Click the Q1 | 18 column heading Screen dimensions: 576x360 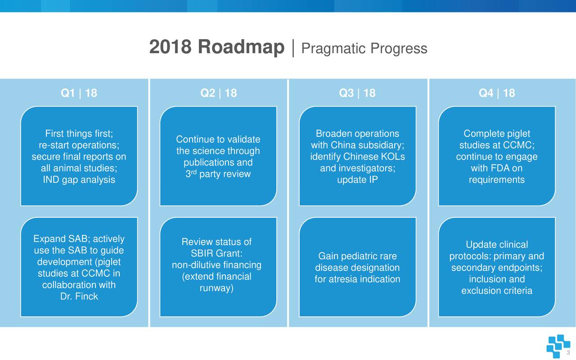pos(79,93)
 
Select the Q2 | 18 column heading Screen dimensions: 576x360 pos(218,93)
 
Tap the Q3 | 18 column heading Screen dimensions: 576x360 pos(357,93)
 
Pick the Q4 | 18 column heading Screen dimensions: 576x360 pos(497,93)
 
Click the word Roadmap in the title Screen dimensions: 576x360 pos(241,47)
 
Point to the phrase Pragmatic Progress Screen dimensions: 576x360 pos(364,49)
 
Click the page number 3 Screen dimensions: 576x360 pos(568,353)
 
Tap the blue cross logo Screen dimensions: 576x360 pos(558,346)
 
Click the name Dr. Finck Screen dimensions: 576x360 pos(79,297)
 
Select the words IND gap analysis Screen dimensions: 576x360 pos(79,180)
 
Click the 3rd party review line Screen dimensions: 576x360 pos(218,174)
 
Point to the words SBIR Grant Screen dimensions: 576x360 pos(216,253)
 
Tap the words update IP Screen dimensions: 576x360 pos(357,180)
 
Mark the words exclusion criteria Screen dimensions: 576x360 pos(497,291)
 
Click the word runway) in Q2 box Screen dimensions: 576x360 pos(216,288)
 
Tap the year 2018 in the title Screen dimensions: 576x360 pos(170,47)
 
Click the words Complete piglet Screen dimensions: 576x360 pos(497,134)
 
